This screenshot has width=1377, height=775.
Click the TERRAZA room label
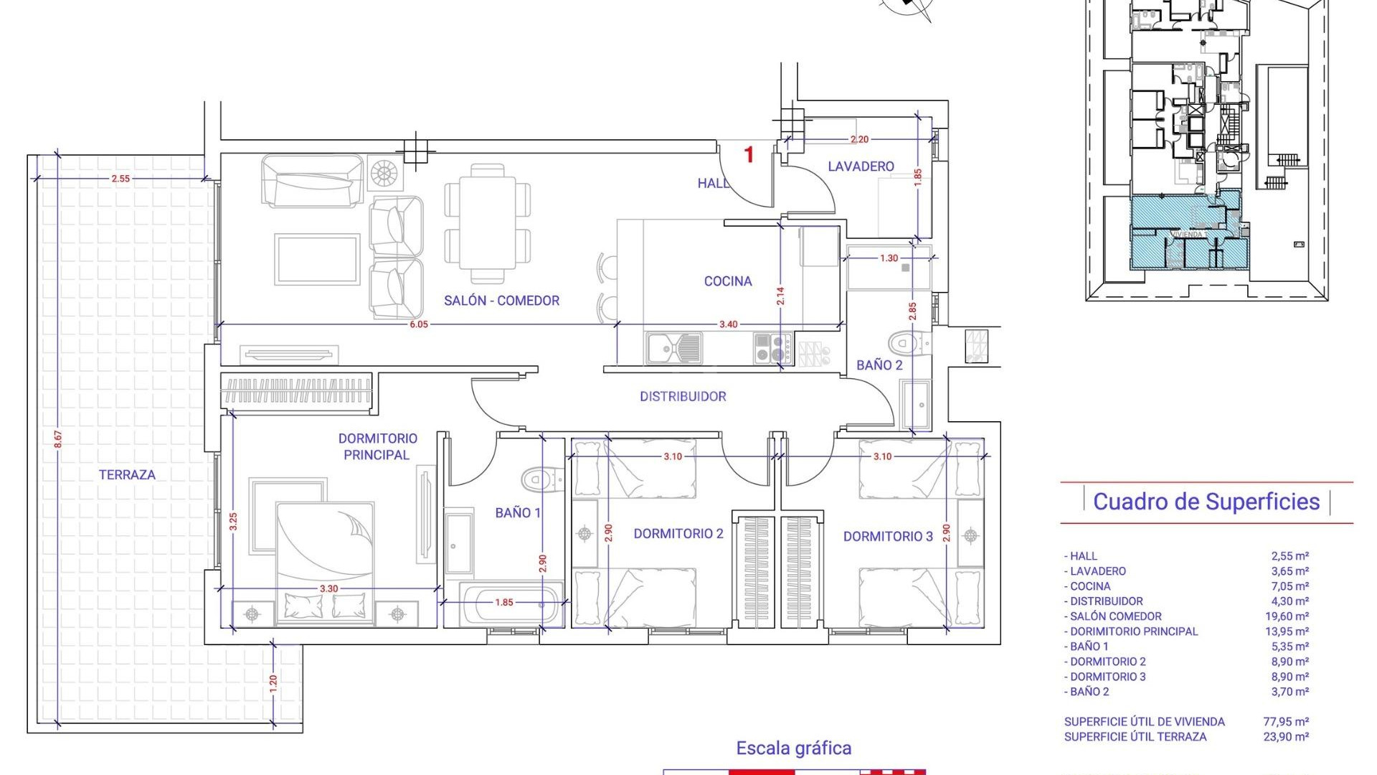tap(127, 474)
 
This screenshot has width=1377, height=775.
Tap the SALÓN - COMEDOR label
tap(501, 301)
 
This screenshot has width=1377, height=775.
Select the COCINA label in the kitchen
tap(727, 281)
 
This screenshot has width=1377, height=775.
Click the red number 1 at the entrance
tap(749, 154)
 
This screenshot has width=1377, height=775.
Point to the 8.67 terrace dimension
tap(58, 439)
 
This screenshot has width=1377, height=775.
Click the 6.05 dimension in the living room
tap(419, 324)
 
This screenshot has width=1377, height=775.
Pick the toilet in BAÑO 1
tap(542, 479)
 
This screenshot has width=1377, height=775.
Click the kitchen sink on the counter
tap(673, 349)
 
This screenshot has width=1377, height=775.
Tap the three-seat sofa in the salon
tap(313, 182)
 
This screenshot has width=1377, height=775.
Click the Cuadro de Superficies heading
tap(1206, 502)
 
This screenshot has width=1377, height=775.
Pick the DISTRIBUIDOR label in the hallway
tap(683, 396)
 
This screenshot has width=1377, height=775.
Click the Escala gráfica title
tap(793, 748)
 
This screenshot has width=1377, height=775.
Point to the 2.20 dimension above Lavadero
tap(859, 139)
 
